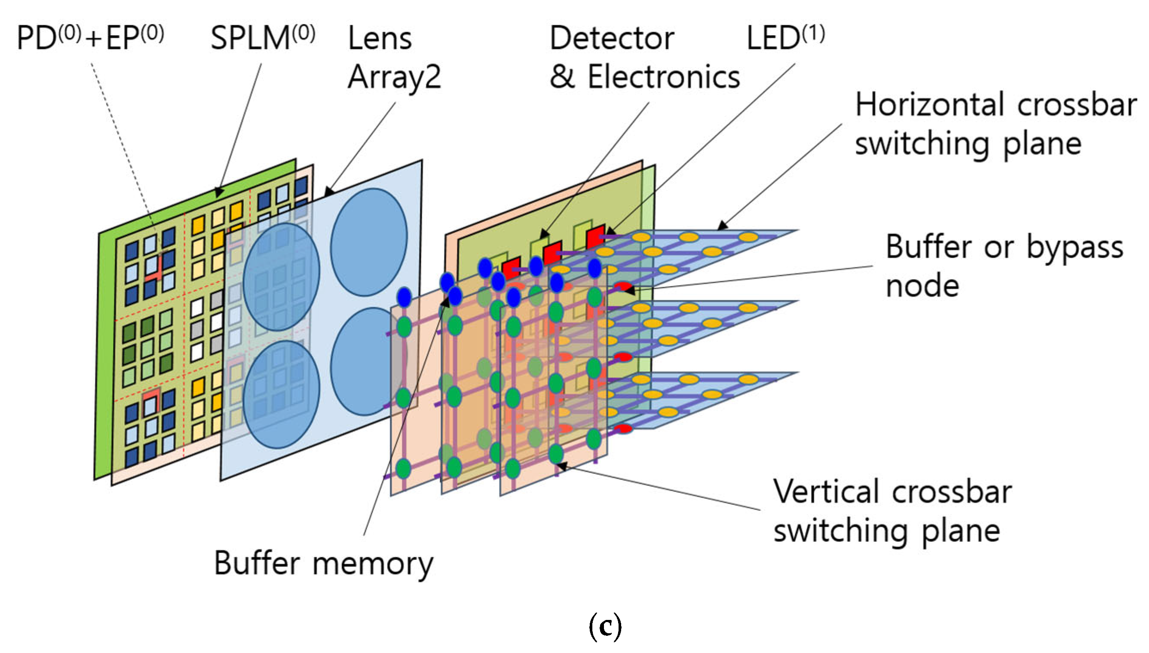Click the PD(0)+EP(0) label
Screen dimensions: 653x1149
pos(90,38)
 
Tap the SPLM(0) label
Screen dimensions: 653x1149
pos(263,38)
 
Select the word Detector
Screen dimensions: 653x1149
pos(612,39)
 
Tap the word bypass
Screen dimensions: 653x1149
pos(1075,247)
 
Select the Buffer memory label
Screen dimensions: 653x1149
pos(323,563)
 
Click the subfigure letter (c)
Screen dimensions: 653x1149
pos(604,626)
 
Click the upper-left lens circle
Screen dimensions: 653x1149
pos(281,277)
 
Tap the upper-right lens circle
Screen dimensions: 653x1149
pos(369,242)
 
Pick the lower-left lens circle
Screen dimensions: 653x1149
pos(281,395)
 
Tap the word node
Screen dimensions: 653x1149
pos(922,286)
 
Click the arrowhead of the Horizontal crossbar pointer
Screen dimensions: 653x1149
pos(721,226)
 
